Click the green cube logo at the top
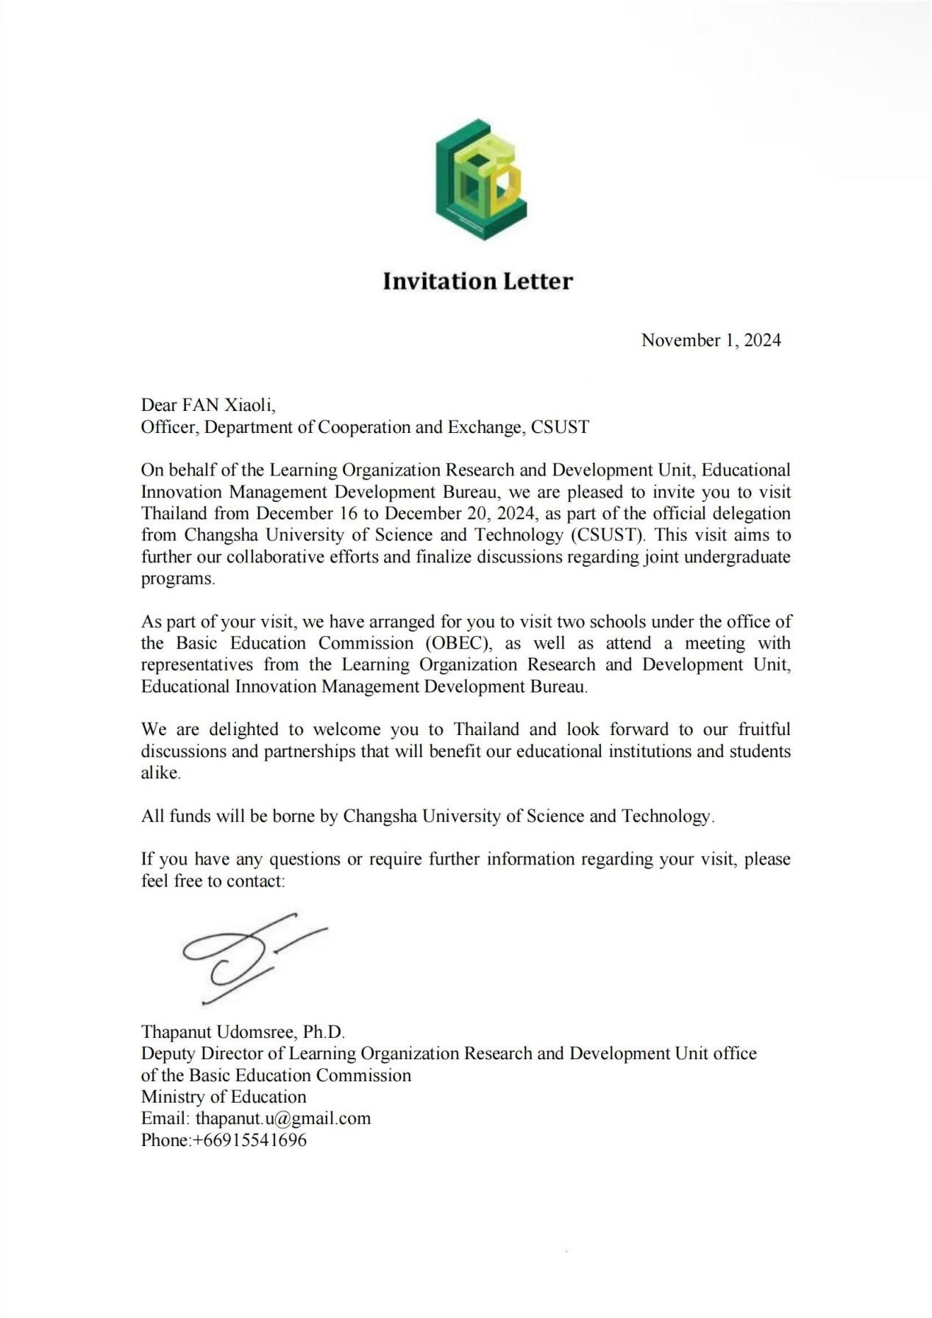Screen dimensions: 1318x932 click(x=480, y=179)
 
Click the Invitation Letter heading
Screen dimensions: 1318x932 click(x=477, y=282)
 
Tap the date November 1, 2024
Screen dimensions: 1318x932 click(x=711, y=340)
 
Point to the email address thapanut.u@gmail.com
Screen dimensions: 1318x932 click(x=283, y=1118)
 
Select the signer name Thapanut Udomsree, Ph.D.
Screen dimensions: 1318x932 click(x=243, y=1032)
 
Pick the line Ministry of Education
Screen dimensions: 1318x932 click(x=224, y=1097)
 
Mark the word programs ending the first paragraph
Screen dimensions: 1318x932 click(x=177, y=579)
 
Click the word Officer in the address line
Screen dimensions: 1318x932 click(x=168, y=427)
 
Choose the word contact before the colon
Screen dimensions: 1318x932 click(x=255, y=881)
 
